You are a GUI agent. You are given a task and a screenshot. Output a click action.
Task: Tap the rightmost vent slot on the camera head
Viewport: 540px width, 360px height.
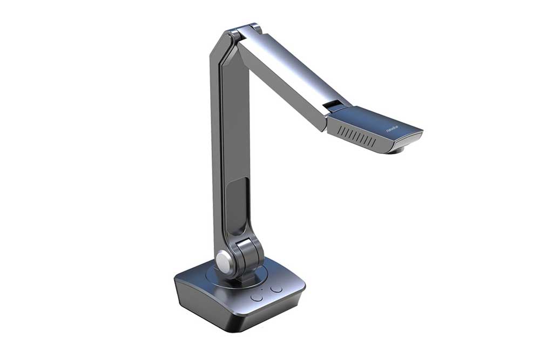click(374, 142)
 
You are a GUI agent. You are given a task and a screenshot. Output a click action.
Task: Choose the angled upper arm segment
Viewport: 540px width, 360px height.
click(286, 76)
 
